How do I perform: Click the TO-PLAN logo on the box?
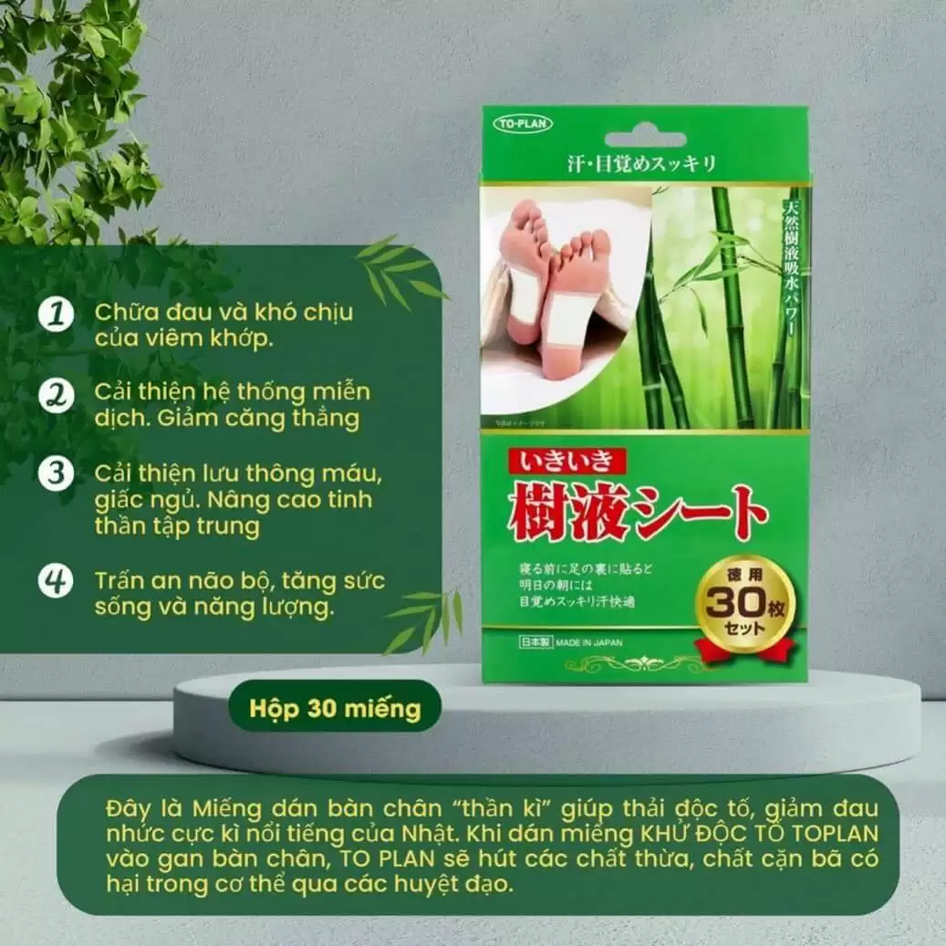(x=523, y=122)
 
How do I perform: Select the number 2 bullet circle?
(x=57, y=396)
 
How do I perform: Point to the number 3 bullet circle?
(x=57, y=475)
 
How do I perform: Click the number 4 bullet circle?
(x=57, y=581)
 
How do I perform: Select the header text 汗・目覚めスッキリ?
(x=644, y=164)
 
